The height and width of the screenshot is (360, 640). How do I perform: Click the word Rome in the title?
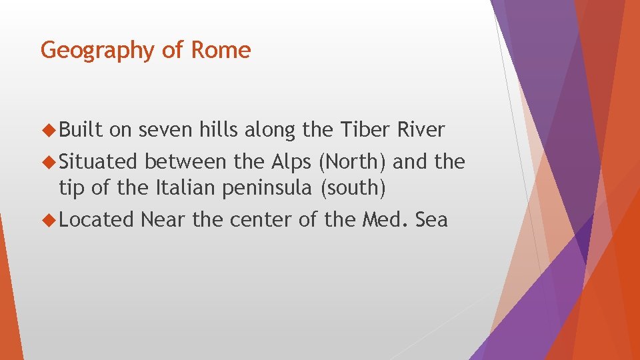pos(222,50)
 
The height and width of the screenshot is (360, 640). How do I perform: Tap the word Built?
pos(81,130)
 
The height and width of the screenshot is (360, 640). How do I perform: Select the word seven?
pos(166,130)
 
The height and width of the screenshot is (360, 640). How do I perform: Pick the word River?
pos(421,130)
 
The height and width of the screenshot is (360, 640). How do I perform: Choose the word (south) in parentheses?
pos(353,188)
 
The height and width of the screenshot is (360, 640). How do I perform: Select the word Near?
pos(164,219)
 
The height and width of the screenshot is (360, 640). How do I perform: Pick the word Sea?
pos(431,219)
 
